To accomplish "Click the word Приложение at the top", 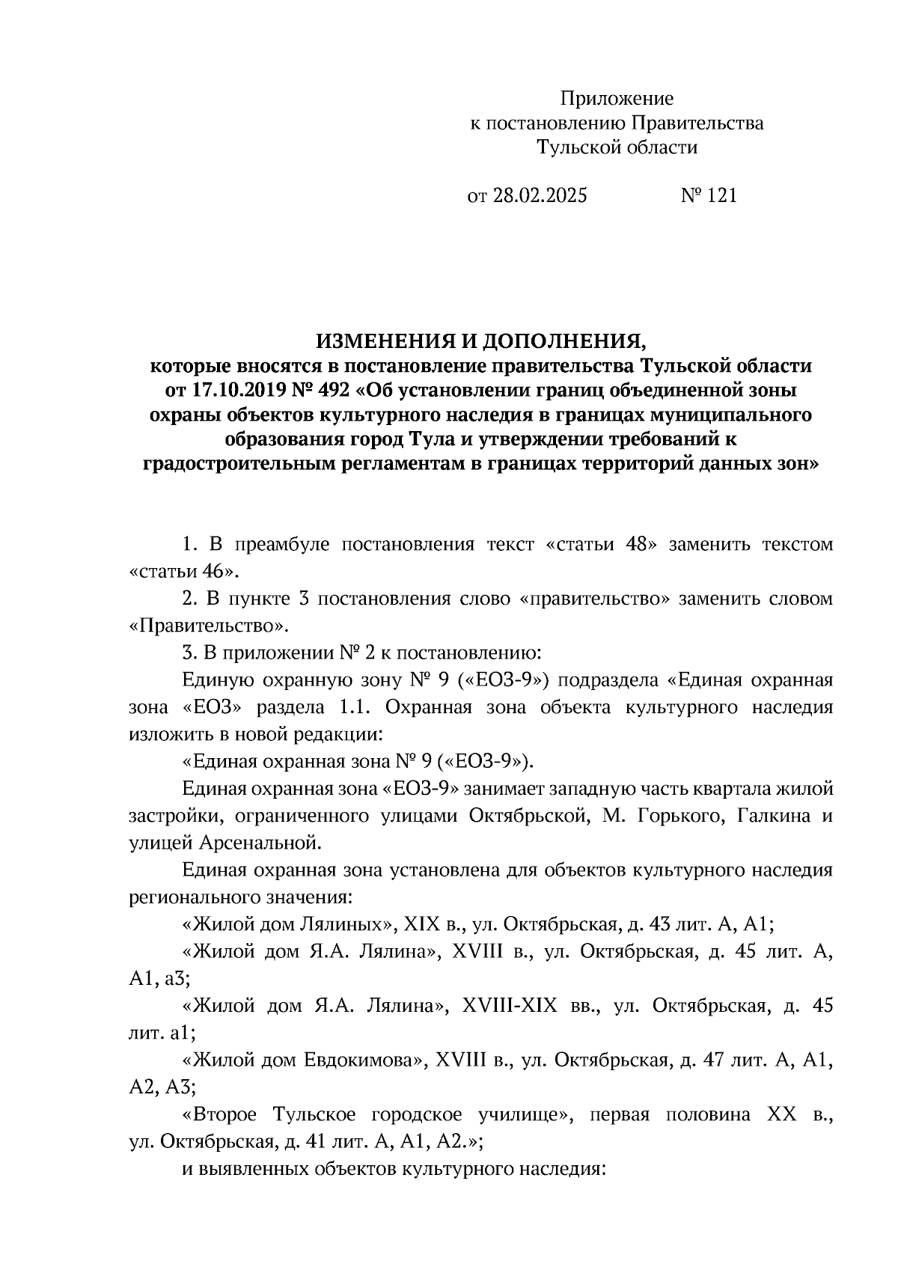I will click(617, 99).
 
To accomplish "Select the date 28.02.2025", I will click(540, 196).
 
